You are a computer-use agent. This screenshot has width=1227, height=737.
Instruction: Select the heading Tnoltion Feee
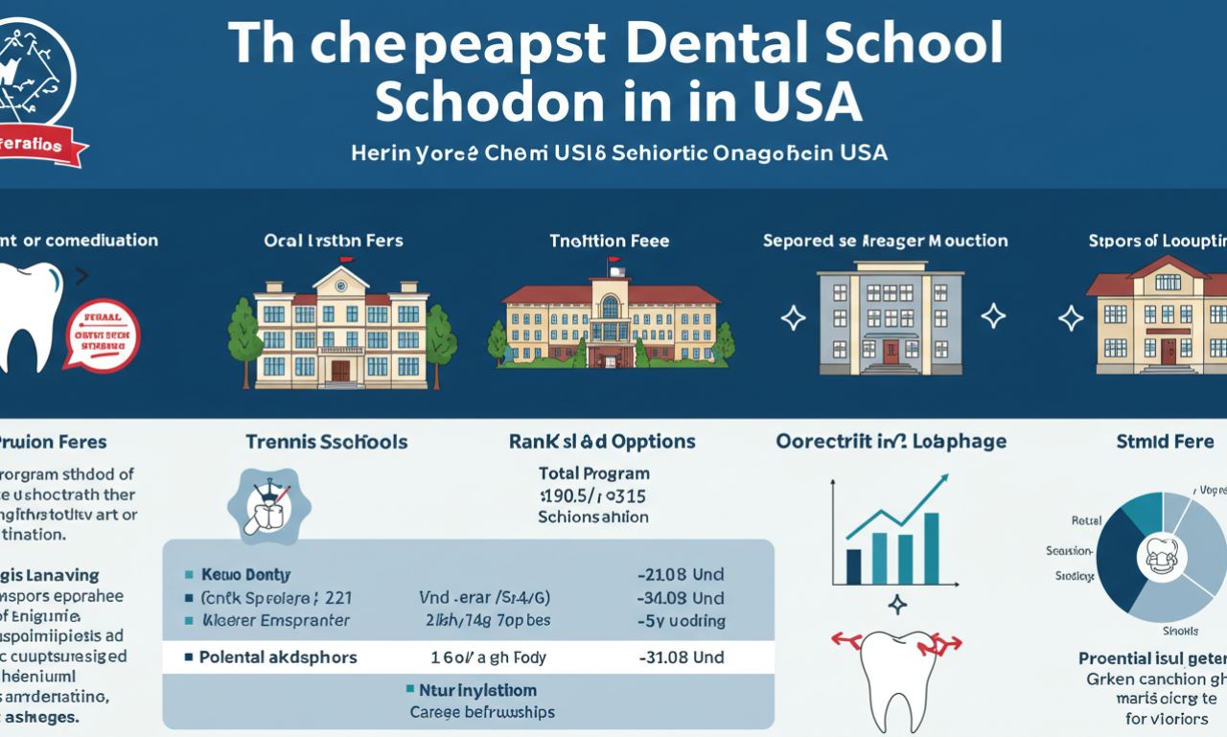609,241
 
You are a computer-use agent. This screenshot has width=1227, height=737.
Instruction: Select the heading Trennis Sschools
326,442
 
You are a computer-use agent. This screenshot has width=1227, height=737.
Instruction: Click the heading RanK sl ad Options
602,442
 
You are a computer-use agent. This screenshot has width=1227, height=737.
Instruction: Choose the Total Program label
593,473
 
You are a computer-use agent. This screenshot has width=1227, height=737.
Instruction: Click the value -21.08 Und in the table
681,575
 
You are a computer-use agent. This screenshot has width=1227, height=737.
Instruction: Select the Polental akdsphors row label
278,657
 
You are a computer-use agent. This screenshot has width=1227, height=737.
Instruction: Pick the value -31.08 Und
681,657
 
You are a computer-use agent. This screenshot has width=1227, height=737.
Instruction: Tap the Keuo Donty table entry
245,575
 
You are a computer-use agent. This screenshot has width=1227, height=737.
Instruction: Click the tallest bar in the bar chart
931,548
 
